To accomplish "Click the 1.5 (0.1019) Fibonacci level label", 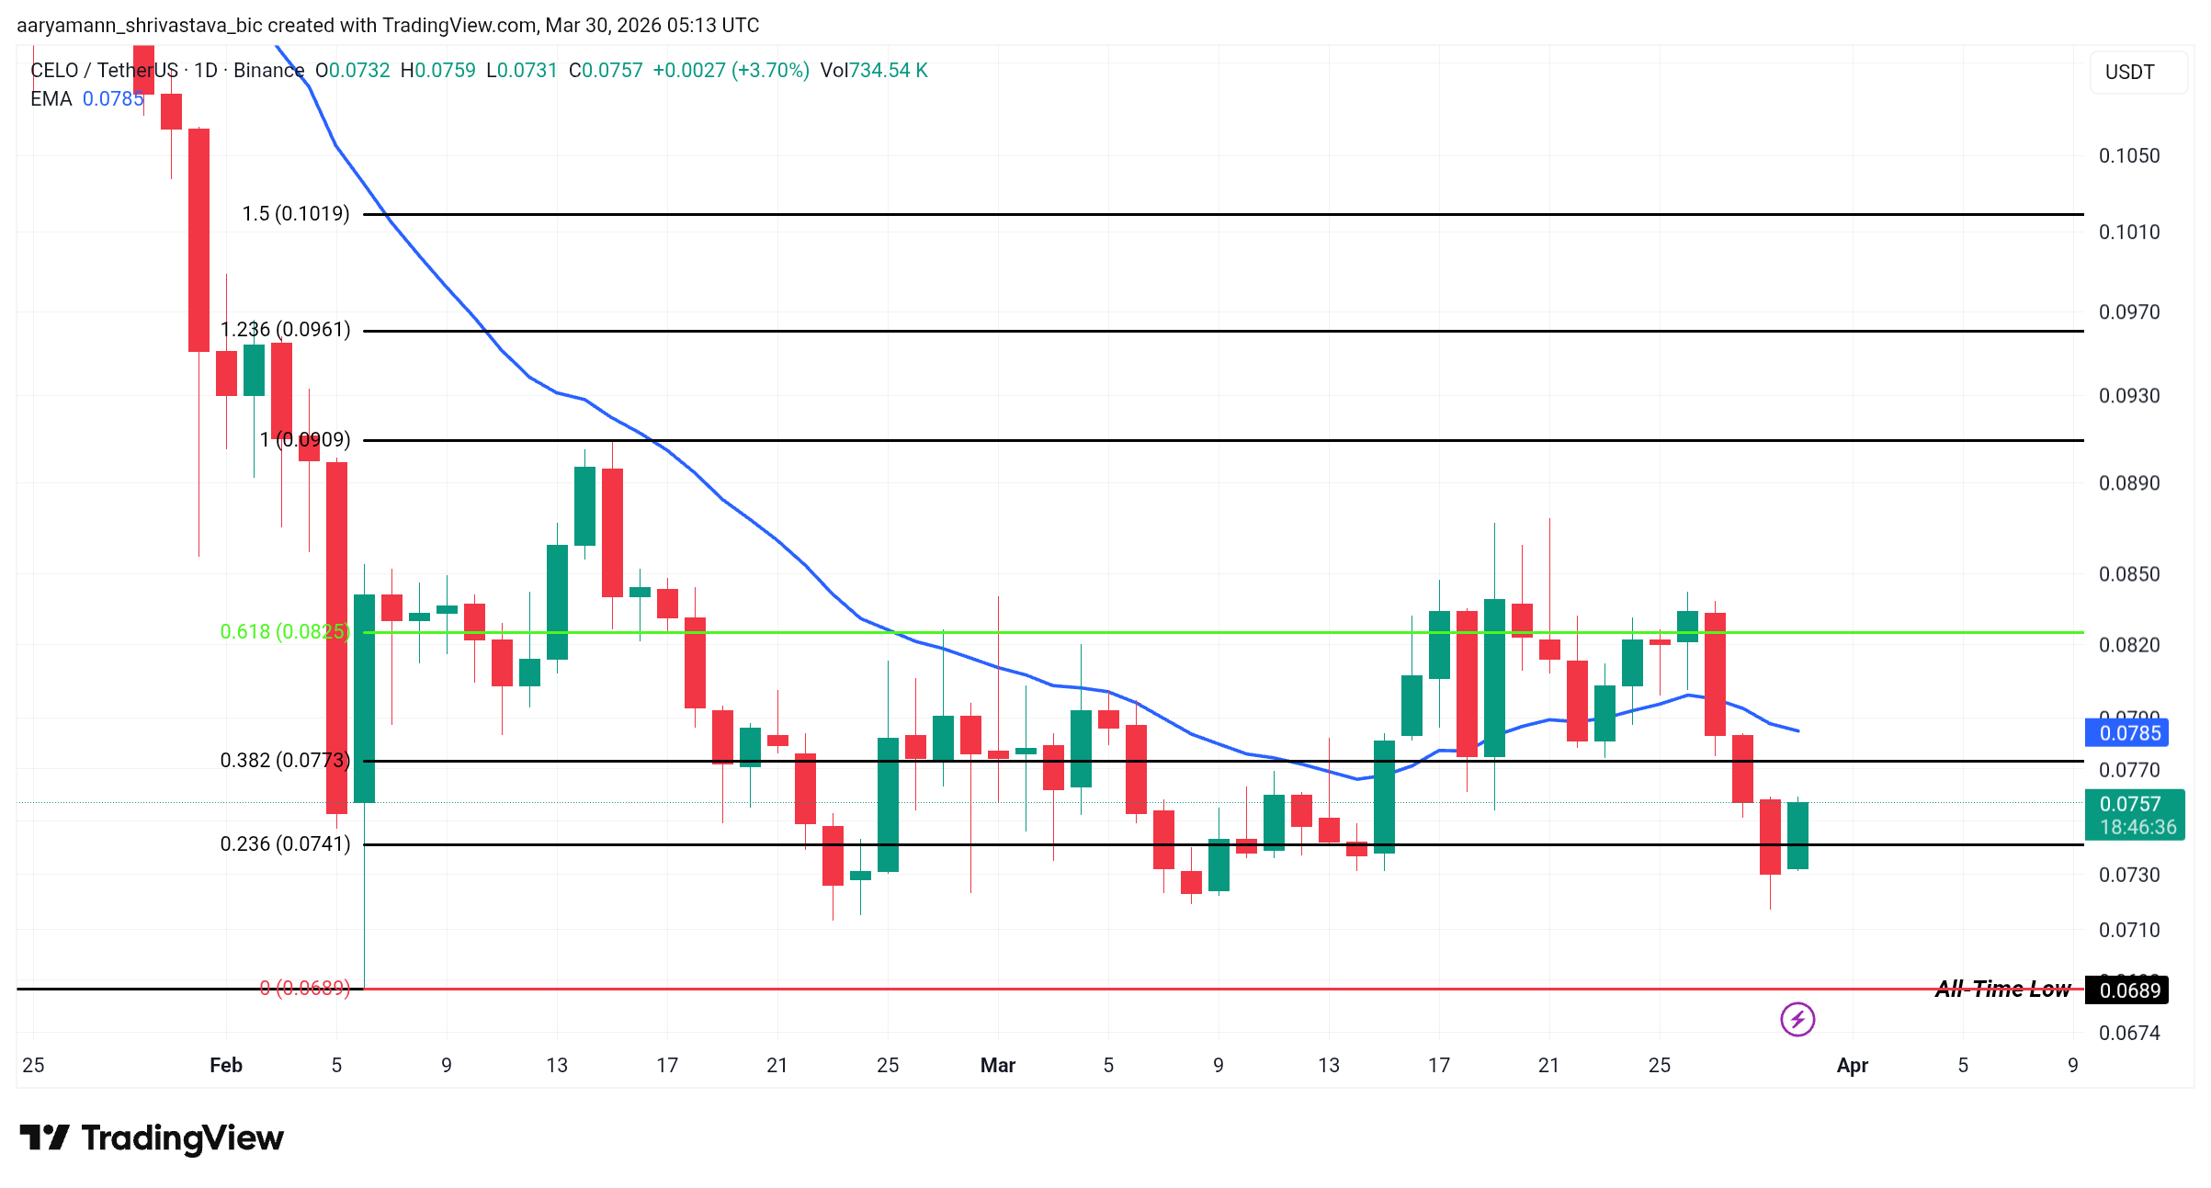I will (295, 214).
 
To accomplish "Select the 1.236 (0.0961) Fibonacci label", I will (285, 330).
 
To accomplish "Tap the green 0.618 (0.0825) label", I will (284, 632).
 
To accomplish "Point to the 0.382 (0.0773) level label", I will (284, 761).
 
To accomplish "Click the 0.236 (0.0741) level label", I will (285, 844).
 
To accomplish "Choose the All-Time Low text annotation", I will (2001, 989).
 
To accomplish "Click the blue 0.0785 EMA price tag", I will (2128, 733).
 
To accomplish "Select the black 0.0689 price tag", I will (2128, 990).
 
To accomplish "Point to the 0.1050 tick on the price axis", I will (2128, 156).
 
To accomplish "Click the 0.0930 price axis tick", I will (2128, 396).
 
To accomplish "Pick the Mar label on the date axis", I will (997, 1066).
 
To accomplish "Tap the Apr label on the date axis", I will (1852, 1066).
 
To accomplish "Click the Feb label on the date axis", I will (226, 1066).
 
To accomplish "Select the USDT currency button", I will (2129, 73).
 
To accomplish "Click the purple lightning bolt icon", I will (1797, 1019).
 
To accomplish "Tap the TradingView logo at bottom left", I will (153, 1138).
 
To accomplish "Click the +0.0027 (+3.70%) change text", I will (731, 71).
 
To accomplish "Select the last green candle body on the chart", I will (1797, 835).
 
